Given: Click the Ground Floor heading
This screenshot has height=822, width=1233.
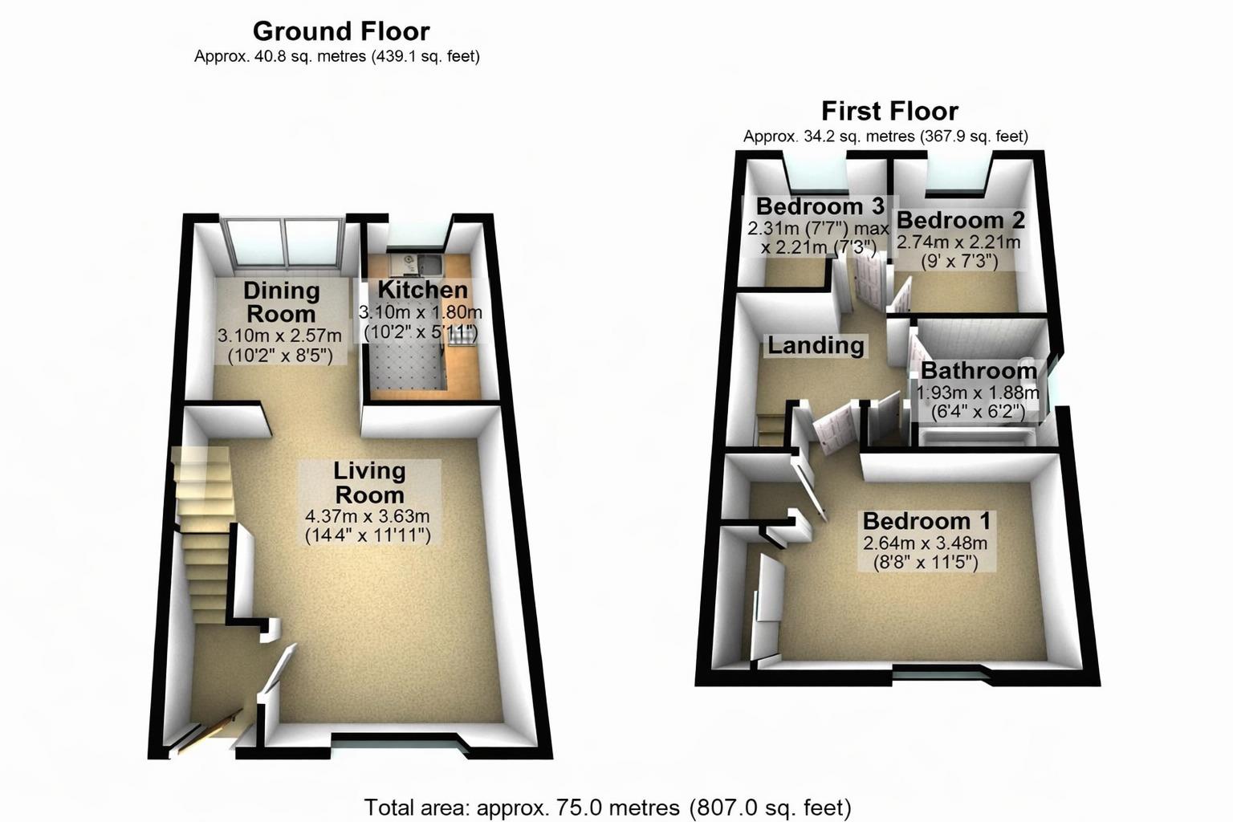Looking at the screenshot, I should [x=341, y=31].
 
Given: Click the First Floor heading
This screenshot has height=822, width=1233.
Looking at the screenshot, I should [x=889, y=111].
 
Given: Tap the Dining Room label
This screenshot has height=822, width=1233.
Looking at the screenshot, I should [x=282, y=302].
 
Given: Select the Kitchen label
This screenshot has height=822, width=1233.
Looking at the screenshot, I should [x=422, y=290].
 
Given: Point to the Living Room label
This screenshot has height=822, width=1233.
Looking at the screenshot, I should [x=369, y=482].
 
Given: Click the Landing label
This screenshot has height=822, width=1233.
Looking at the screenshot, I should [x=816, y=346].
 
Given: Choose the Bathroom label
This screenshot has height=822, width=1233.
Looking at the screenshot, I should [x=979, y=371].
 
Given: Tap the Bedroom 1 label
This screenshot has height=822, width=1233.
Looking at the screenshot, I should [x=926, y=521].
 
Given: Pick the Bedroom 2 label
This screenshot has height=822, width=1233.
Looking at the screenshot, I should [x=960, y=220].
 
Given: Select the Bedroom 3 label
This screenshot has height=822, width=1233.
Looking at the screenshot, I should [x=820, y=206].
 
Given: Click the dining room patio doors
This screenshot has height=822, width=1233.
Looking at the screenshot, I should [x=284, y=244].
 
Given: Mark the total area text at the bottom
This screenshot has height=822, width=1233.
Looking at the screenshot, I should [x=608, y=807].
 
